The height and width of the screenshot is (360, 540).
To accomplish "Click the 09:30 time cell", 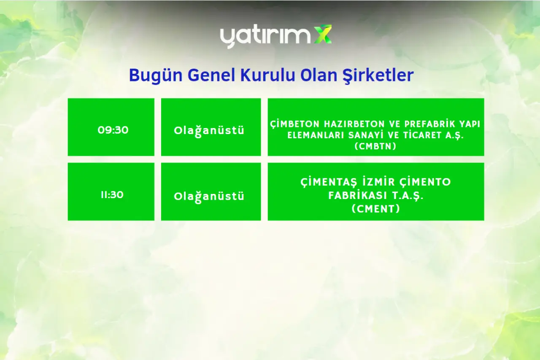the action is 111,127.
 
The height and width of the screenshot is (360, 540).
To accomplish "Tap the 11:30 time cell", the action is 111,191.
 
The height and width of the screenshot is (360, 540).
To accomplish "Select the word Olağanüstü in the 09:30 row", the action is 209,131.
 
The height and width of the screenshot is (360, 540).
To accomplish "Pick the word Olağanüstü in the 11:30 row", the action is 209,196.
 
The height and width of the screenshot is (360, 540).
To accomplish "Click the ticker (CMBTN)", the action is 375,146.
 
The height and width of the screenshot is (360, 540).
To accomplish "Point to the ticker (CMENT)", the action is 375,209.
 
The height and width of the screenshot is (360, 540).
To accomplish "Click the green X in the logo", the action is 323,34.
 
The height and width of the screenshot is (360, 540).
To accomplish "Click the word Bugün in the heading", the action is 156,75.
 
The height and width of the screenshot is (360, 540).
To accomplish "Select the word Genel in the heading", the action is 211,75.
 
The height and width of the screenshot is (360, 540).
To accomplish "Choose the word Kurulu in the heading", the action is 267,75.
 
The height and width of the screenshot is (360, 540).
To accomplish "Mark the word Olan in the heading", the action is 319,75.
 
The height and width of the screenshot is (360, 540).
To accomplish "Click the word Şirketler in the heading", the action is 378,75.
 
